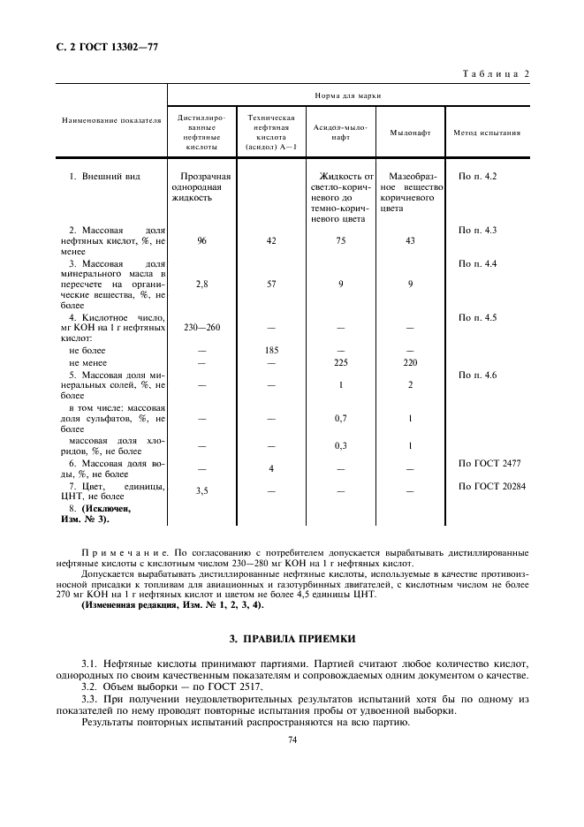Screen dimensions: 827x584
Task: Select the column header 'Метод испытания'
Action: tap(486, 133)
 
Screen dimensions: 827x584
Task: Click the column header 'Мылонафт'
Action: tap(410, 133)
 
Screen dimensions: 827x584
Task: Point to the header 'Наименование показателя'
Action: tap(111, 121)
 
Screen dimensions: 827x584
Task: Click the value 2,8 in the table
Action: tap(202, 285)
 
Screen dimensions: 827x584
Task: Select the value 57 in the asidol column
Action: tap(272, 285)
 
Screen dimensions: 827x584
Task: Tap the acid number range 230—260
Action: tap(202, 328)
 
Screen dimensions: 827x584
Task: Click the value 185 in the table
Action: tap(272, 351)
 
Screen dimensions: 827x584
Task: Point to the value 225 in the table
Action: tap(341, 362)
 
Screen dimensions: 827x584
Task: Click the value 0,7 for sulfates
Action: tap(341, 418)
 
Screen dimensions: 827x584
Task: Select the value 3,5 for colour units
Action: tap(202, 489)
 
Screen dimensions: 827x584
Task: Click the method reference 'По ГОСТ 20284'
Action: tap(489, 485)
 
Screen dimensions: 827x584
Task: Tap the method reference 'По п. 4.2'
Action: tap(478, 177)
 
